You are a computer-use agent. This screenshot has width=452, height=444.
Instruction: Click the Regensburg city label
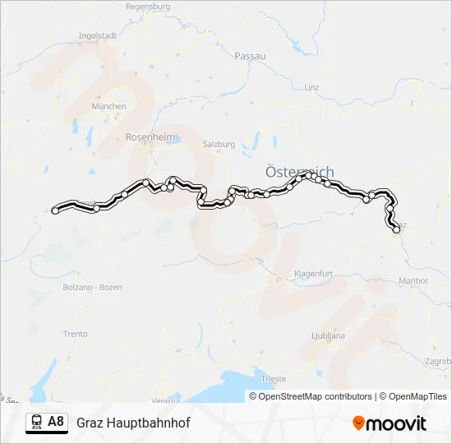[x=148, y=6]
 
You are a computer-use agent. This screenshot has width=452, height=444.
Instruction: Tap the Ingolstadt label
[x=96, y=36]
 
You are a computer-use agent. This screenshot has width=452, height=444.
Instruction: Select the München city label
[x=109, y=106]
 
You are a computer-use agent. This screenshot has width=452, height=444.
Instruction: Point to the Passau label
[x=250, y=55]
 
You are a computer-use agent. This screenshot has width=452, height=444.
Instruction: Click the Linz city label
[x=311, y=86]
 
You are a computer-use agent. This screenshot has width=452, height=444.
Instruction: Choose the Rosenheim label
[x=145, y=137]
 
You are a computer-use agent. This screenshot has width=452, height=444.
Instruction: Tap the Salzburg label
[x=219, y=144]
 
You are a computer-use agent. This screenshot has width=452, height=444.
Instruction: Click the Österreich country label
[x=300, y=172]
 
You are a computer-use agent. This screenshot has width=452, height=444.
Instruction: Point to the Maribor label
[x=413, y=280]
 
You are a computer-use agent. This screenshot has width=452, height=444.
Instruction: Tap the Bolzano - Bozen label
[x=99, y=287]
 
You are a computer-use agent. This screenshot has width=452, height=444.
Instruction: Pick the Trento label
[x=75, y=334]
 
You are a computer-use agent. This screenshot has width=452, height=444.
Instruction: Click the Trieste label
[x=274, y=378]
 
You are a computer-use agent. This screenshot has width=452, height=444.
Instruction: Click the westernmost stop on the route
[x=55, y=210]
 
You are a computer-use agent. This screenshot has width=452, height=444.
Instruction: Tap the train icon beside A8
[x=36, y=423]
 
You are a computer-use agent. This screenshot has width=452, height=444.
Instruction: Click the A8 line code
[x=56, y=422]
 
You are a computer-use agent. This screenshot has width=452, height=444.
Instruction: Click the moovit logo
[x=390, y=423]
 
